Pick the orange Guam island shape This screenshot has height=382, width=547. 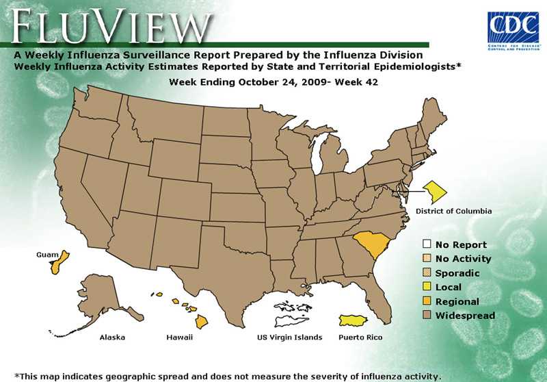(x=57, y=262)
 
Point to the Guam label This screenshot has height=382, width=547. (x=46, y=254)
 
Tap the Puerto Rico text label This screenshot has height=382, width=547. (x=360, y=338)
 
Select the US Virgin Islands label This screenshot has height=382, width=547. (x=289, y=338)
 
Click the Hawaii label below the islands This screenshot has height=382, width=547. (x=179, y=338)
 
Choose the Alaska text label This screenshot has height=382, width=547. (x=111, y=338)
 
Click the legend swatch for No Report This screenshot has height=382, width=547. (x=427, y=244)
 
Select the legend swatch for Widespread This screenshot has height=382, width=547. (x=427, y=316)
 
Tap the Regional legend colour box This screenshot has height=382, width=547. (x=427, y=301)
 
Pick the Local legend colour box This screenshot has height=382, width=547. (x=427, y=288)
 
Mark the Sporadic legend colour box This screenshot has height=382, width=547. (x=427, y=273)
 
